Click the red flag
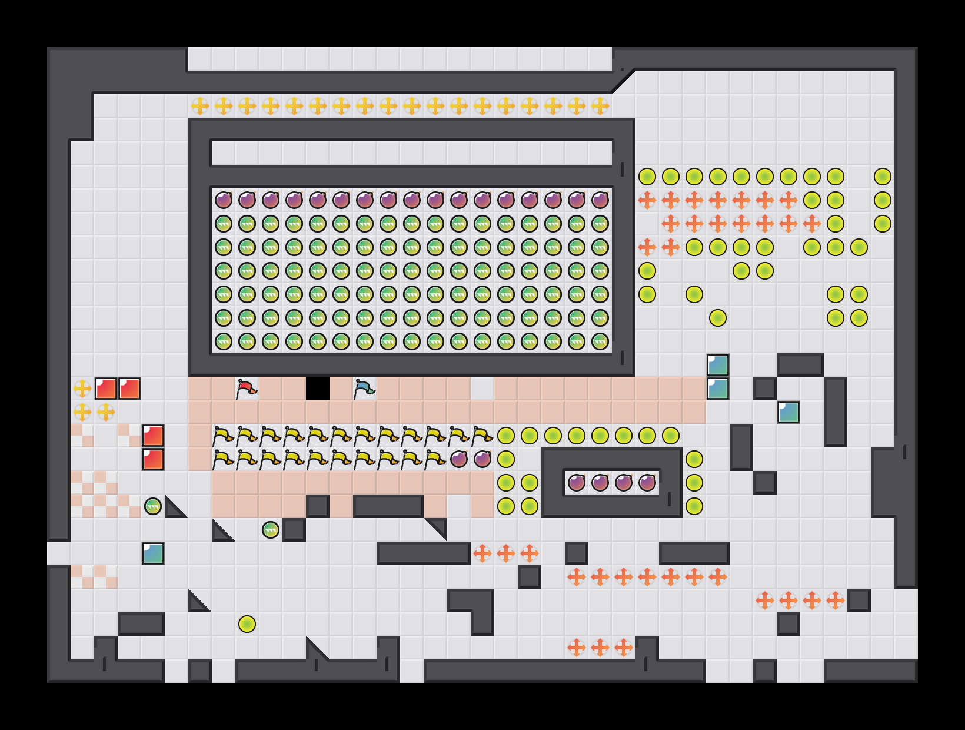point(247,389)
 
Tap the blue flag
point(364,389)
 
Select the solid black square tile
point(318,389)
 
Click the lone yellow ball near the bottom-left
point(247,624)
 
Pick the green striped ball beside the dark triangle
point(153,506)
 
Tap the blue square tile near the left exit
point(153,553)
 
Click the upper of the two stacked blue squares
point(718,365)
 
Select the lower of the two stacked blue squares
point(718,389)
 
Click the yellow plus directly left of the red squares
point(82,389)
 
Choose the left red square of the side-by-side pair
point(106,389)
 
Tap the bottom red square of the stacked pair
point(153,459)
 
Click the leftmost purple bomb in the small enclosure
point(577,483)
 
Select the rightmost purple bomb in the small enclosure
point(647,483)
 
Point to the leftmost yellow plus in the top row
point(200,106)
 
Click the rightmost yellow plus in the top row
point(600,106)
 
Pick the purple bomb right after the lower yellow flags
point(459,459)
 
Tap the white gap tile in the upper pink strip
point(482,389)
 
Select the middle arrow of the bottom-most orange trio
point(600,648)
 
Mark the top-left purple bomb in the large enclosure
point(224,200)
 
